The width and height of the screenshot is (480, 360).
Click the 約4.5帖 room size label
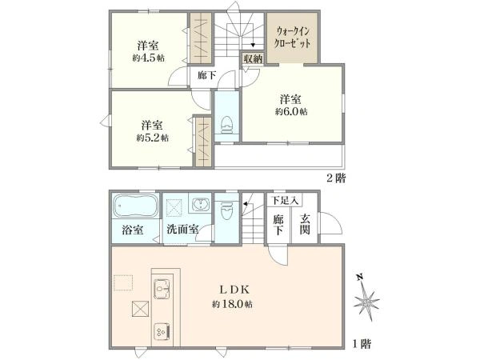click(150, 58)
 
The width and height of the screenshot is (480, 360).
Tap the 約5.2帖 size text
click(152, 138)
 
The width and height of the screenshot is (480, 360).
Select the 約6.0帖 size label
click(290, 111)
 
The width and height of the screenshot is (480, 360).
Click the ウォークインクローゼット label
click(292, 37)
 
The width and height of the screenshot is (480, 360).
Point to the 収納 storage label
click(253, 59)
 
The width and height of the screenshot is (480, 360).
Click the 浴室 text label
click(133, 230)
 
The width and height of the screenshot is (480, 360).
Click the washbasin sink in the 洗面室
click(199, 206)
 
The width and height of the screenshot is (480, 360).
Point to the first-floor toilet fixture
click(226, 210)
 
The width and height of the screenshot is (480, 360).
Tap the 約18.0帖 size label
click(233, 305)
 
